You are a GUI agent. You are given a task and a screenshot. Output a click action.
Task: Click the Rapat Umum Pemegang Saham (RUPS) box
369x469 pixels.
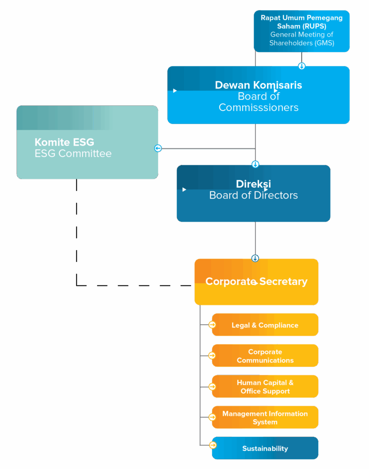tap(302, 31)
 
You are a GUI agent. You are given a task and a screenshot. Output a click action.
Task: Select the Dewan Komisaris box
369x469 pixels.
tap(258, 95)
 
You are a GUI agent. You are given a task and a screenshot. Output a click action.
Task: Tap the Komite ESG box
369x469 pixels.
tap(87, 142)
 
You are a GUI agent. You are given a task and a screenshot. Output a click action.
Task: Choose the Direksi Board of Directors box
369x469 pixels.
tap(253, 193)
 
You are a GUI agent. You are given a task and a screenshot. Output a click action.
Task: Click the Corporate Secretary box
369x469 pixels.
tap(256, 282)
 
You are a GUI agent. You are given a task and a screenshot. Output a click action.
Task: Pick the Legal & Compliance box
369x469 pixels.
tap(265, 325)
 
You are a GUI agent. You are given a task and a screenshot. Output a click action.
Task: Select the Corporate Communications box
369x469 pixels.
tap(265, 356)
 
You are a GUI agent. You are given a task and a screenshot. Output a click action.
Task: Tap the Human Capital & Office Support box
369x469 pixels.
tap(265, 387)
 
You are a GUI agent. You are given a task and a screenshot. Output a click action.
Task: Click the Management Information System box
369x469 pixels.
tap(265, 417)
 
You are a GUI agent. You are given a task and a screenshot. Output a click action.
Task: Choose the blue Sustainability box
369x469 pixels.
tap(265, 448)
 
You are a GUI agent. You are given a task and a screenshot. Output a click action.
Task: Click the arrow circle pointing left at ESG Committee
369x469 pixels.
tap(158, 148)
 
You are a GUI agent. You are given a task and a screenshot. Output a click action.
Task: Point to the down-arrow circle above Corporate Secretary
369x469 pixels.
tap(255, 258)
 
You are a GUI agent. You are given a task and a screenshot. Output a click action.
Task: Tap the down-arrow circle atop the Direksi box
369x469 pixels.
tap(255, 164)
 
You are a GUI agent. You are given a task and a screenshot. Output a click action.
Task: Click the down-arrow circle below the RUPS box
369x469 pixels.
tap(302, 66)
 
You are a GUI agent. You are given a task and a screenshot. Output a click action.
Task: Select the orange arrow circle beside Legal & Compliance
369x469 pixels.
tap(212, 325)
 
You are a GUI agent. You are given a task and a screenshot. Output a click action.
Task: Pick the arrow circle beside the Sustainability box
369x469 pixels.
tap(212, 445)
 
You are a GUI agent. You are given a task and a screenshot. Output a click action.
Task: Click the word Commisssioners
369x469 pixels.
tap(258, 108)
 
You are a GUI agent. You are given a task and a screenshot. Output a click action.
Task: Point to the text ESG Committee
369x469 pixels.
tap(73, 153)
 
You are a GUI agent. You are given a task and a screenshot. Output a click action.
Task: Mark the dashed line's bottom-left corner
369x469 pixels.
tap(76, 285)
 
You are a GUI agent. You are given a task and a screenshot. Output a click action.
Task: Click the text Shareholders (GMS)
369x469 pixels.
tap(302, 43)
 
